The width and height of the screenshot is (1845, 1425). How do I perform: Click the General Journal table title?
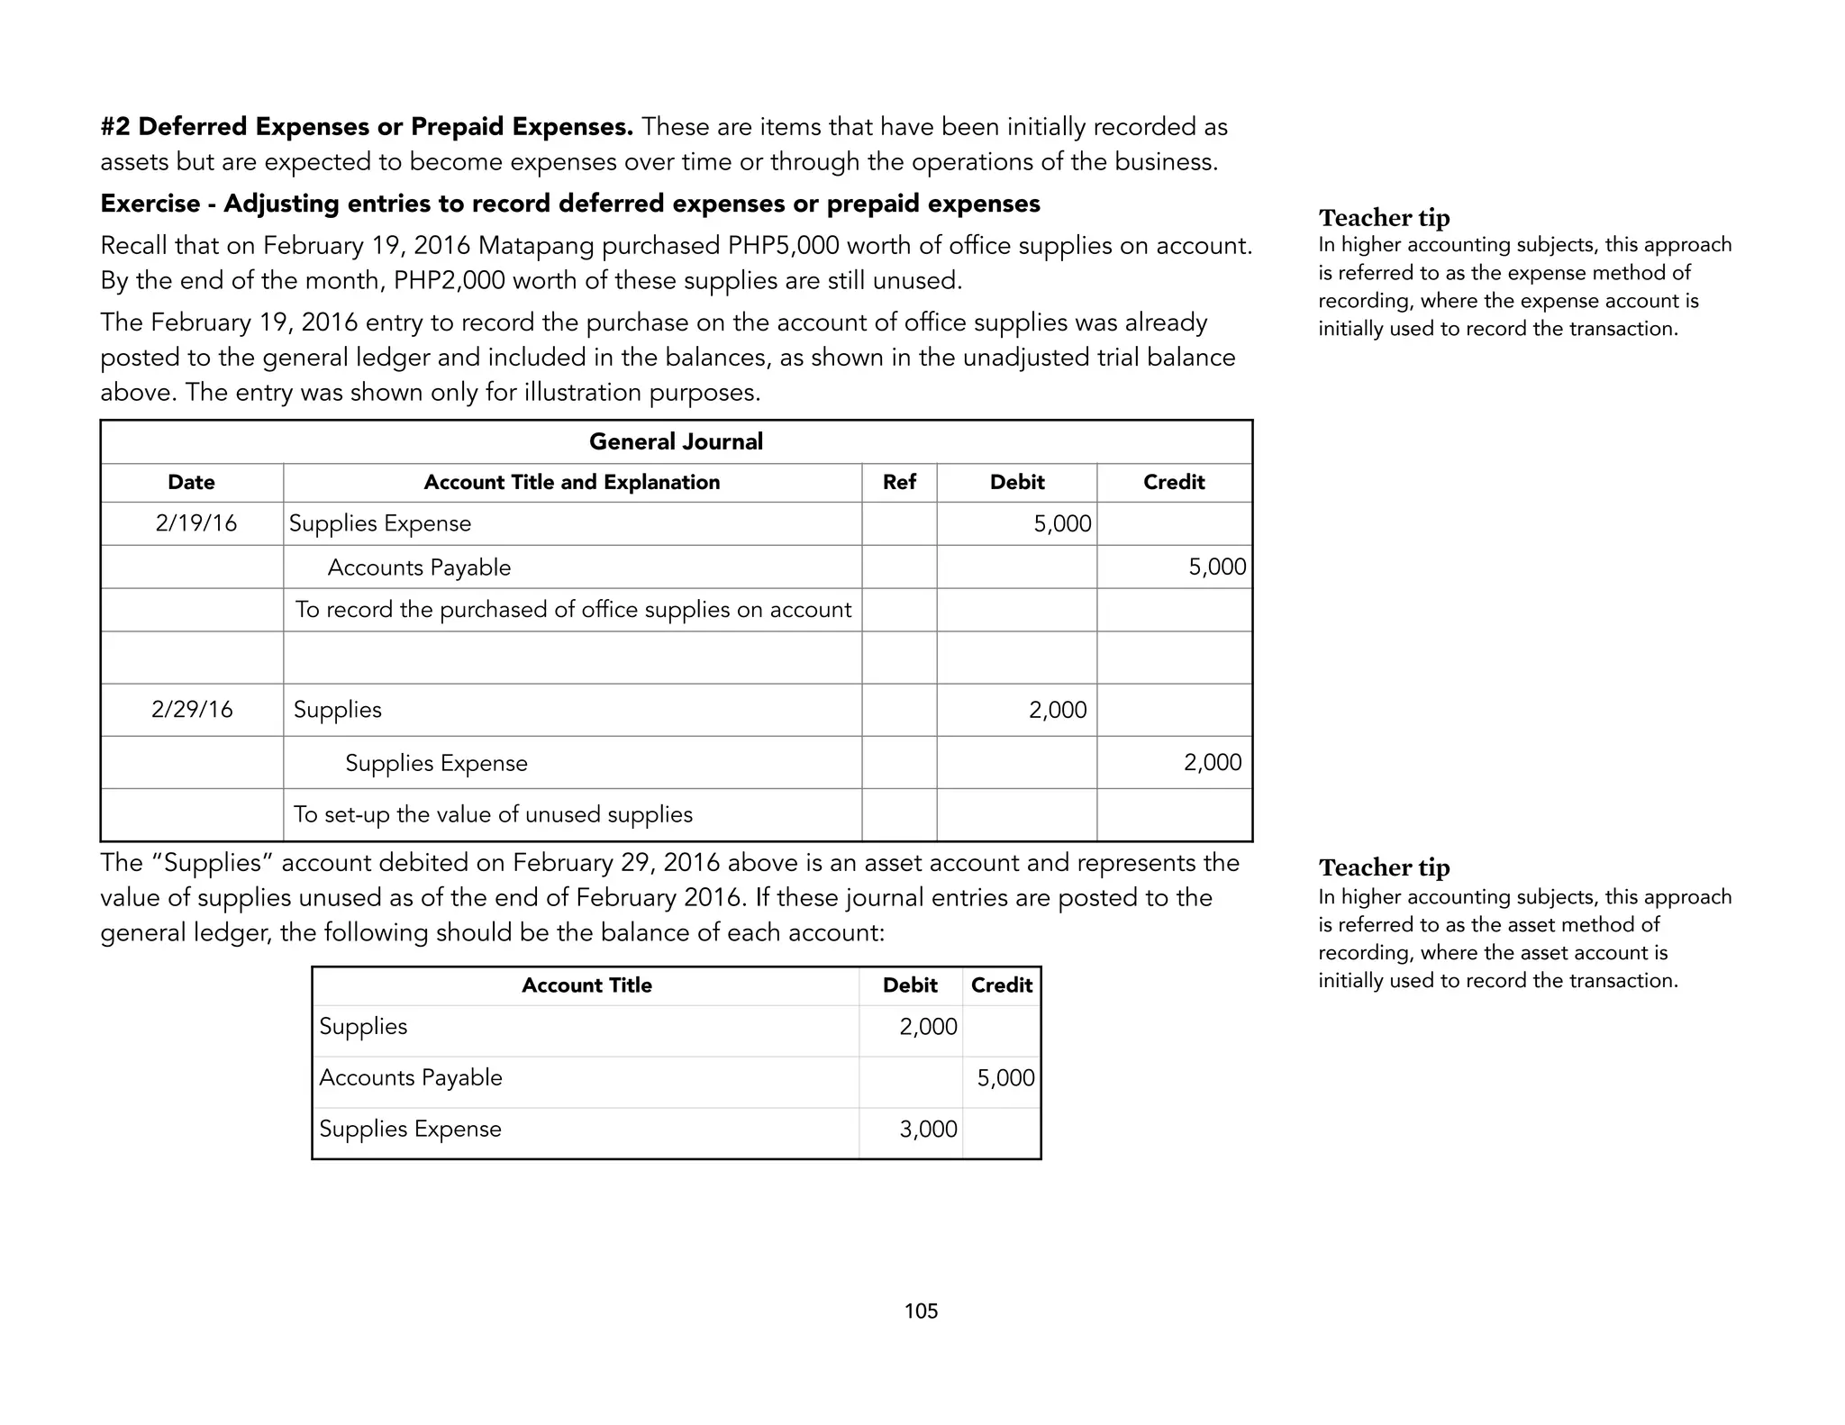coord(676,441)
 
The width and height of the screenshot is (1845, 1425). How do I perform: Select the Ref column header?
coord(899,482)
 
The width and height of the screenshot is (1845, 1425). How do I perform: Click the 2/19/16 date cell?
coord(195,523)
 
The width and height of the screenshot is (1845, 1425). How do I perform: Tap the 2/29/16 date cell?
coord(192,710)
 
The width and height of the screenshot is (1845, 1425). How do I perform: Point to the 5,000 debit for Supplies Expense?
coord(1062,523)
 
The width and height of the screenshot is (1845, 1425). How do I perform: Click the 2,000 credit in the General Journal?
coord(1212,762)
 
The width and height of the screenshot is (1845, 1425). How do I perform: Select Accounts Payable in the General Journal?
coord(419,567)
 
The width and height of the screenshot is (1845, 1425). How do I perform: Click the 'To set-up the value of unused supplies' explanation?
coord(493,814)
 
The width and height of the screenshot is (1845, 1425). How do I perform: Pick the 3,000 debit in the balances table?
coord(928,1129)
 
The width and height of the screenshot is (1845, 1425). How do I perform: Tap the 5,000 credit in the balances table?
coord(1005,1077)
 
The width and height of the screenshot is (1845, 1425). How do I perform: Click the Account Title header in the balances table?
coord(586,985)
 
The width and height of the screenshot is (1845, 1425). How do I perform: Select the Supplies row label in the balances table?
coord(363,1026)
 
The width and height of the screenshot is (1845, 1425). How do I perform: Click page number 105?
coord(921,1311)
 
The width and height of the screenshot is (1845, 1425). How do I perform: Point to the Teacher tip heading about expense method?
coord(1384,218)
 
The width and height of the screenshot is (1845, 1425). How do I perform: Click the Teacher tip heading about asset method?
coord(1384,867)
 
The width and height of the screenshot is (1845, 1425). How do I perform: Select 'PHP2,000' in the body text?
coord(450,281)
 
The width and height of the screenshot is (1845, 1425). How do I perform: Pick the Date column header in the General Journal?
coord(191,482)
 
